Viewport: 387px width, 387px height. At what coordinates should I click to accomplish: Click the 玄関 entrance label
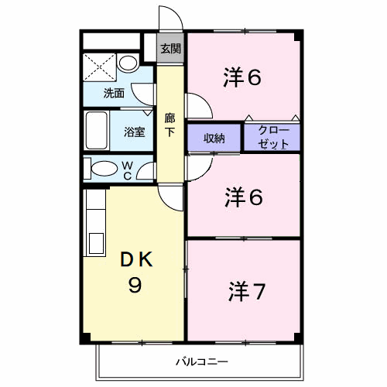[170, 49]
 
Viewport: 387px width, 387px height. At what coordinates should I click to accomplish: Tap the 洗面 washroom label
[114, 93]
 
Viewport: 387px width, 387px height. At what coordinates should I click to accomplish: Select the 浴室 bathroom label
[135, 132]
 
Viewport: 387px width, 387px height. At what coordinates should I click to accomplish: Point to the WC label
[128, 170]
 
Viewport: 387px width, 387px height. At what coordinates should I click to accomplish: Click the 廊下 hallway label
[170, 125]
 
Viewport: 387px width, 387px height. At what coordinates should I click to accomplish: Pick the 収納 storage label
[214, 139]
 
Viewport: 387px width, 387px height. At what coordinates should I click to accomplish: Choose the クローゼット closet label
[273, 137]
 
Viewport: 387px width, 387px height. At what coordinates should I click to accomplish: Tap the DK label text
[136, 259]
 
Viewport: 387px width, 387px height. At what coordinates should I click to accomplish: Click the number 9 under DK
[135, 285]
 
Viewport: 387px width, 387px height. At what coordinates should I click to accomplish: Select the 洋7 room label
[247, 292]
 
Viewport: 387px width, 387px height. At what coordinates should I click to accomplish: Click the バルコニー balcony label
[202, 361]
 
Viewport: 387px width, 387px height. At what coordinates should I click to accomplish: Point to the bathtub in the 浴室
[97, 130]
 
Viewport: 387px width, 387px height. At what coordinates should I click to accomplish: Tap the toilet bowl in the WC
[104, 169]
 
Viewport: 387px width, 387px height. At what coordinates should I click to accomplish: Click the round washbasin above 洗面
[128, 63]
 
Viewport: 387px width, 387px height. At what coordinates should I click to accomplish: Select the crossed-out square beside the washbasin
[99, 67]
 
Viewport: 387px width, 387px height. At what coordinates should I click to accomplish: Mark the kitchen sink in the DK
[96, 243]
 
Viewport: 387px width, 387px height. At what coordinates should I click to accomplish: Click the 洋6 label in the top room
[242, 77]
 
